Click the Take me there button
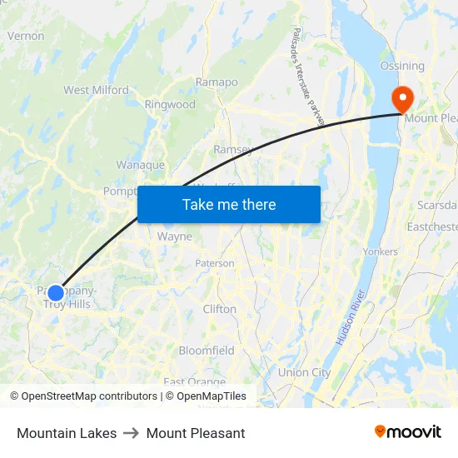229,204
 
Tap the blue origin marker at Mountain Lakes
56,292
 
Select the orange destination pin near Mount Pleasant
403,100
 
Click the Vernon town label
25,36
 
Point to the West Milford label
96,90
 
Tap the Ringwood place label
170,105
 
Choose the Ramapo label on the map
217,82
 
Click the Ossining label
402,66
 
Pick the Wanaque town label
140,165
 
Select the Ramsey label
233,149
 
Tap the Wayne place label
175,236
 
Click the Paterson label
215,263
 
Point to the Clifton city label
220,309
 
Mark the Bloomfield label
207,351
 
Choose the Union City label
304,372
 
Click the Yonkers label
381,251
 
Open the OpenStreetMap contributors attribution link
89,396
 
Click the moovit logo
408,432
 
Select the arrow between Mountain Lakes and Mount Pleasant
132,433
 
